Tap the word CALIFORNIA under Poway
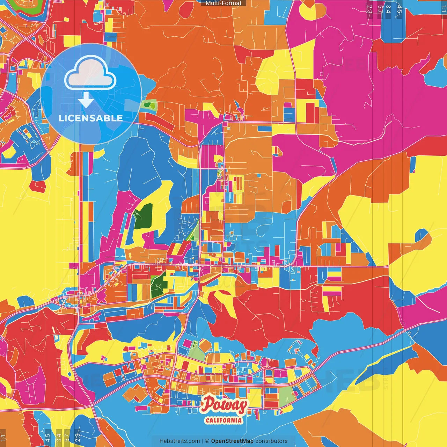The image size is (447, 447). [x=223, y=420]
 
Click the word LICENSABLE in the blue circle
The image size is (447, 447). [x=91, y=118]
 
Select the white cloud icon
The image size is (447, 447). [x=90, y=74]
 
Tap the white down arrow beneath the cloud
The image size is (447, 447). [x=86, y=100]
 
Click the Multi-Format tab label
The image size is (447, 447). [x=223, y=3]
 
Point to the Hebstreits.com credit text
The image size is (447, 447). [x=179, y=441]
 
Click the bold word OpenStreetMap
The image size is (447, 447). [x=232, y=441]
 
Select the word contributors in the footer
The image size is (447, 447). [x=271, y=441]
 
